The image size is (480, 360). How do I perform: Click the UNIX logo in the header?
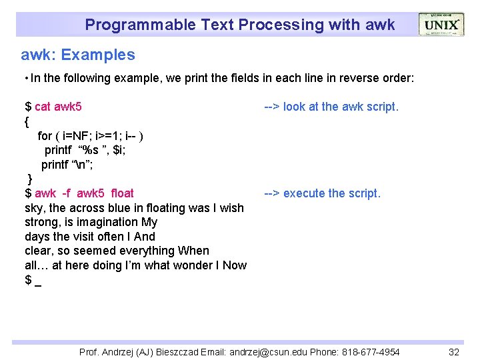[x=441, y=25]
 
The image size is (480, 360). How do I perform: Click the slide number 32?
[x=454, y=351]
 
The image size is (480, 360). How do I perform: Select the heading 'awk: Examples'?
[x=78, y=55]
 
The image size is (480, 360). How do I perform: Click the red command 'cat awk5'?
[x=59, y=107]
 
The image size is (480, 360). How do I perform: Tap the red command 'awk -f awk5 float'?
[x=84, y=193]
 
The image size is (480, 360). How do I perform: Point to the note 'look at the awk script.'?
[x=341, y=107]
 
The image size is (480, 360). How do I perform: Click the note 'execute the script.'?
[x=331, y=193]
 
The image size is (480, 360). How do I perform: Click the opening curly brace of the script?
[x=27, y=121]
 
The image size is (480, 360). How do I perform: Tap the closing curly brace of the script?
[x=29, y=179]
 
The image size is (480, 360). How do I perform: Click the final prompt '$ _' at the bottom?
[x=33, y=280]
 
